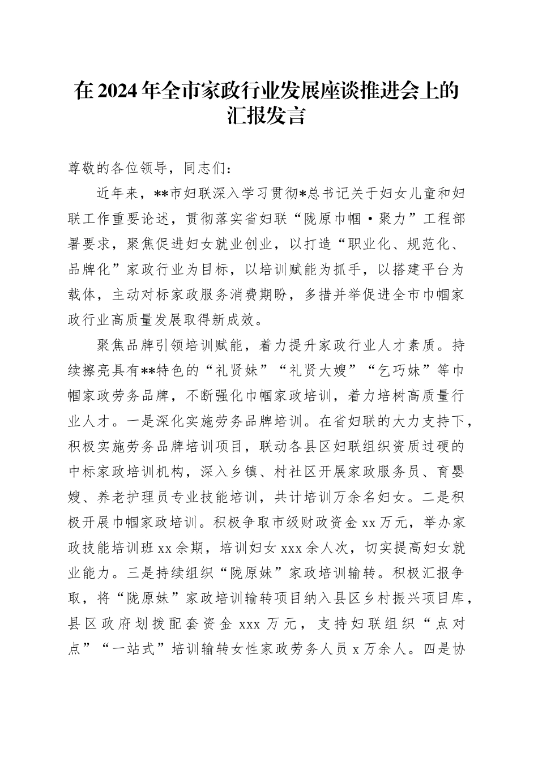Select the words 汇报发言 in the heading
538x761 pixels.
[269, 116]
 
